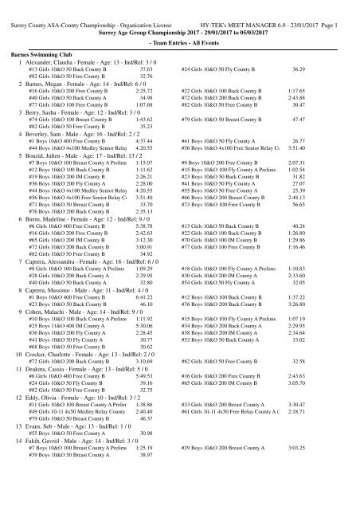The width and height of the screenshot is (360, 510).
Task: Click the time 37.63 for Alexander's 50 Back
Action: [143, 71]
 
